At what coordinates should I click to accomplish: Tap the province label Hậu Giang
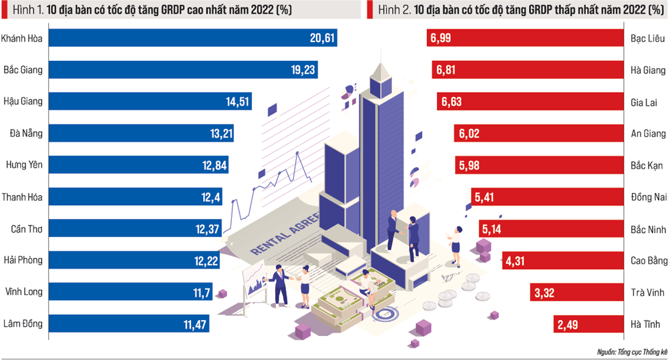coord(23,102)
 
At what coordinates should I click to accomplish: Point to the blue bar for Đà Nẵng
coord(127,134)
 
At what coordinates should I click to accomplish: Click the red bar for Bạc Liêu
coord(521,39)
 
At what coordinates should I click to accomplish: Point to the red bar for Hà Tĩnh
coord(588,325)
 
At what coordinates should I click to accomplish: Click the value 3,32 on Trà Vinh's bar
coord(544,293)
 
